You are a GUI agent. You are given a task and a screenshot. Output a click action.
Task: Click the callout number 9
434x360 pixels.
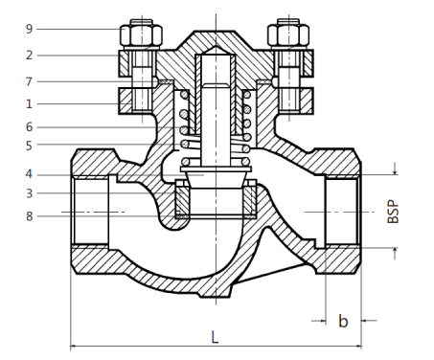29,29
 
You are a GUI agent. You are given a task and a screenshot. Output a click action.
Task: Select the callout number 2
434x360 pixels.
29,56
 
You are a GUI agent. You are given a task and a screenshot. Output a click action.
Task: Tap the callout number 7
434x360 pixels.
29,81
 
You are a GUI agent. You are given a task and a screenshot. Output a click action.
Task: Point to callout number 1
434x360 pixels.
29,103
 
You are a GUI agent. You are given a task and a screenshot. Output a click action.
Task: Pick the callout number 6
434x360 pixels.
29,127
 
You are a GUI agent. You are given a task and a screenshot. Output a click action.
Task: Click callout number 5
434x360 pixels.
29,146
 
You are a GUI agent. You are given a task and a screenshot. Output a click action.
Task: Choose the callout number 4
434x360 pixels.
29,174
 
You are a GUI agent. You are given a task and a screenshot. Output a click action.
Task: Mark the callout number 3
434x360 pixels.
29,193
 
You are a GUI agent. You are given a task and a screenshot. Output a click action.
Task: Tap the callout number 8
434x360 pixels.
29,216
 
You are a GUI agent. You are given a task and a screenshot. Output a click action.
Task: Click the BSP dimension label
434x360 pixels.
393,212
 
